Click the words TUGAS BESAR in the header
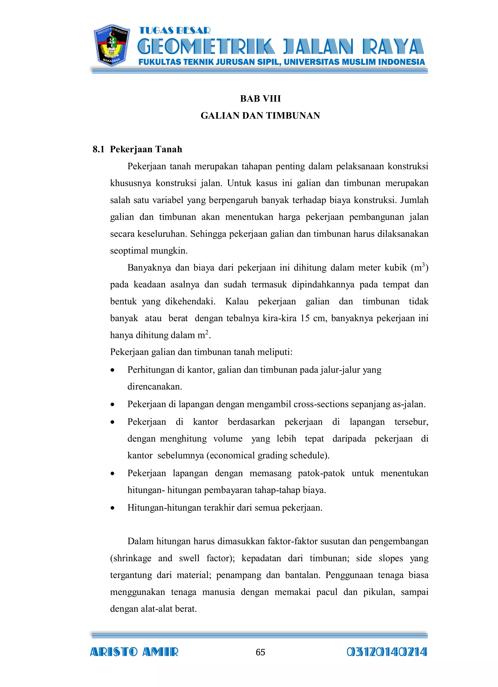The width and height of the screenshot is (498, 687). point(174,31)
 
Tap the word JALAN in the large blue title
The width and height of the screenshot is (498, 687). point(318,48)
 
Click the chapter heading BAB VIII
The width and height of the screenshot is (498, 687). point(260,98)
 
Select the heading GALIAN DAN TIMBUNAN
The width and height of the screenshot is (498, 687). point(260,115)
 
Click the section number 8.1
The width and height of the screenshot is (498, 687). point(98,149)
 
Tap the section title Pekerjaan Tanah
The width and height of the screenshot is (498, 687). point(146,149)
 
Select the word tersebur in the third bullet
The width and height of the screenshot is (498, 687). point(411,422)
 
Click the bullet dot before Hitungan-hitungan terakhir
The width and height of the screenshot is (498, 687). point(113,508)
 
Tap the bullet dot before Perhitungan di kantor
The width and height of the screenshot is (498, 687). point(113,370)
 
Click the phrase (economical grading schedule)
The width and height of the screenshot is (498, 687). point(268,456)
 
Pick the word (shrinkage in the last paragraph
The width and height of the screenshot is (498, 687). point(131,558)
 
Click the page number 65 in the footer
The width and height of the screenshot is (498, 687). point(260,653)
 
